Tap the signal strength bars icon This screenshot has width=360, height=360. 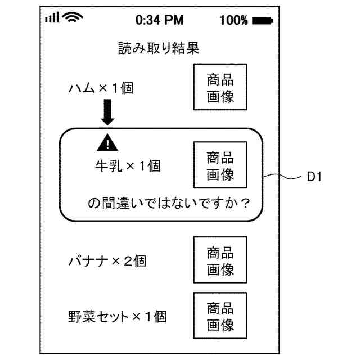52,17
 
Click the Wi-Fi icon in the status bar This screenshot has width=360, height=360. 73,17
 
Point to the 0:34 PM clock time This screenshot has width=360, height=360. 160,20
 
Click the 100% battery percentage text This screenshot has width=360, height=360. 234,20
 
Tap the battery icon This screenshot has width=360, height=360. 263,21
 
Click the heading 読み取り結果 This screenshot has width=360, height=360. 159,48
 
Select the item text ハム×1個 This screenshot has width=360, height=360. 101,88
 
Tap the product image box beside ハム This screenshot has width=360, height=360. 220,87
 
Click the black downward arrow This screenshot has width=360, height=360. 107,112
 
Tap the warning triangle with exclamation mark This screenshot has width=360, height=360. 107,143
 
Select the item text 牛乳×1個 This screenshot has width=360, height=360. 128,166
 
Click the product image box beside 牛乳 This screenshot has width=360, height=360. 220,165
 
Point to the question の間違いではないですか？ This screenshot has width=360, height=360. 169,203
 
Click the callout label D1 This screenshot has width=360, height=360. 314,177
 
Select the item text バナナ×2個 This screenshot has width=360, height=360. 107,261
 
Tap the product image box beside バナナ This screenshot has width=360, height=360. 220,260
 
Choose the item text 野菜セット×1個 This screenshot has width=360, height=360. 118,317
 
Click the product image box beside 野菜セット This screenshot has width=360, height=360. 220,316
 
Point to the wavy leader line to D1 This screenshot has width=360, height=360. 282,176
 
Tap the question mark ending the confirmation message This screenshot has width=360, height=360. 245,203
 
